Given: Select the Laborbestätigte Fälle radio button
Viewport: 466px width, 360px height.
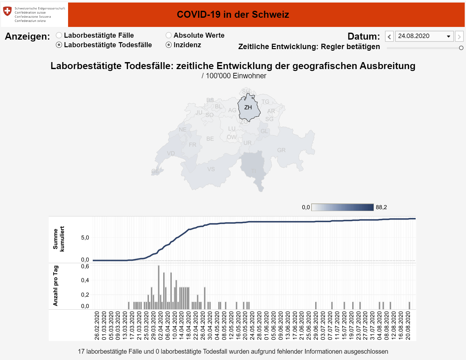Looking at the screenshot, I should click(x=59, y=35).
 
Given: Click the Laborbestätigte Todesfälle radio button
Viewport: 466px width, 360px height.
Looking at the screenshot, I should click(x=59, y=45).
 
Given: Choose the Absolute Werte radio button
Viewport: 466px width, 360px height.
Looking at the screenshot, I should click(x=169, y=35).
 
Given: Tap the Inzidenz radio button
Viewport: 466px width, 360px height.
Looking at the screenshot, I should click(x=169, y=45).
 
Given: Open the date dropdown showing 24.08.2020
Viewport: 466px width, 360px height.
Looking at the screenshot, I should click(x=424, y=36).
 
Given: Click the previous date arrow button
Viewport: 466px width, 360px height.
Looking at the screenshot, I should click(x=389, y=36).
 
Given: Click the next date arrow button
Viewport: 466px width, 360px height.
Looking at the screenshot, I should click(x=459, y=36).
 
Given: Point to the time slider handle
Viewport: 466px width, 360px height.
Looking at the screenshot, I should click(x=461, y=48).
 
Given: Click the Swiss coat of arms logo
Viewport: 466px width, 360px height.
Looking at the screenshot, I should click(x=7, y=11).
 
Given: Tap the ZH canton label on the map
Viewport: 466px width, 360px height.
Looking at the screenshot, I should click(x=248, y=107).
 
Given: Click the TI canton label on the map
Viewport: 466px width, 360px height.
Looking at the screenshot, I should click(x=254, y=171).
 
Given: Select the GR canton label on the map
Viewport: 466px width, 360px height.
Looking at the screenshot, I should click(x=281, y=150).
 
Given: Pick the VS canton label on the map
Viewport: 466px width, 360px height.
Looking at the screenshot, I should click(x=211, y=169).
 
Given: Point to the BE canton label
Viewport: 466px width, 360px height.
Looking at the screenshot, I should click(x=210, y=139).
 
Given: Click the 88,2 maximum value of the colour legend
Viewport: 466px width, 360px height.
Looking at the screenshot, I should click(x=381, y=207).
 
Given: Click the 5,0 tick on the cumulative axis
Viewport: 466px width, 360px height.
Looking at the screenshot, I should click(x=85, y=238).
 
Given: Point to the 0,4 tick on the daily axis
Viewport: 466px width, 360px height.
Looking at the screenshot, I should click(x=85, y=280).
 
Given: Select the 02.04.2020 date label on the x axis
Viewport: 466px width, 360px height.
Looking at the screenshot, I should click(x=161, y=325).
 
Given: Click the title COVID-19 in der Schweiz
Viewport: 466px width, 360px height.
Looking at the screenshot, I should click(x=233, y=15).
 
